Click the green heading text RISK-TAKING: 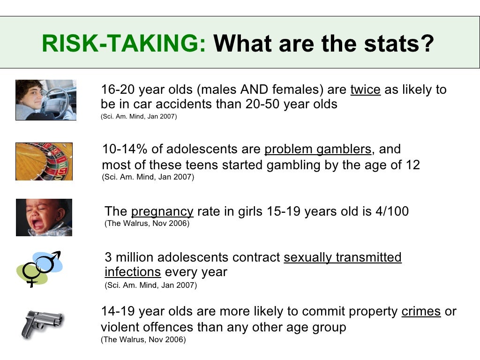tap(124, 44)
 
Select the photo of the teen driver tap(45, 100)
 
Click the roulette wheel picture tap(44, 161)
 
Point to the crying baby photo tap(44, 217)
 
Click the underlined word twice tap(365, 90)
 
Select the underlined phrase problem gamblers tap(318, 149)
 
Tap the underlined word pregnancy tap(162, 211)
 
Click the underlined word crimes tap(421, 312)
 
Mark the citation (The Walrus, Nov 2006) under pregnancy tap(147, 224)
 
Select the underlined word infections tap(133, 272)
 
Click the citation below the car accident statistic tap(139, 116)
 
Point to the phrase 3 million tap(129, 257)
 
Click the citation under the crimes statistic tap(143, 340)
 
